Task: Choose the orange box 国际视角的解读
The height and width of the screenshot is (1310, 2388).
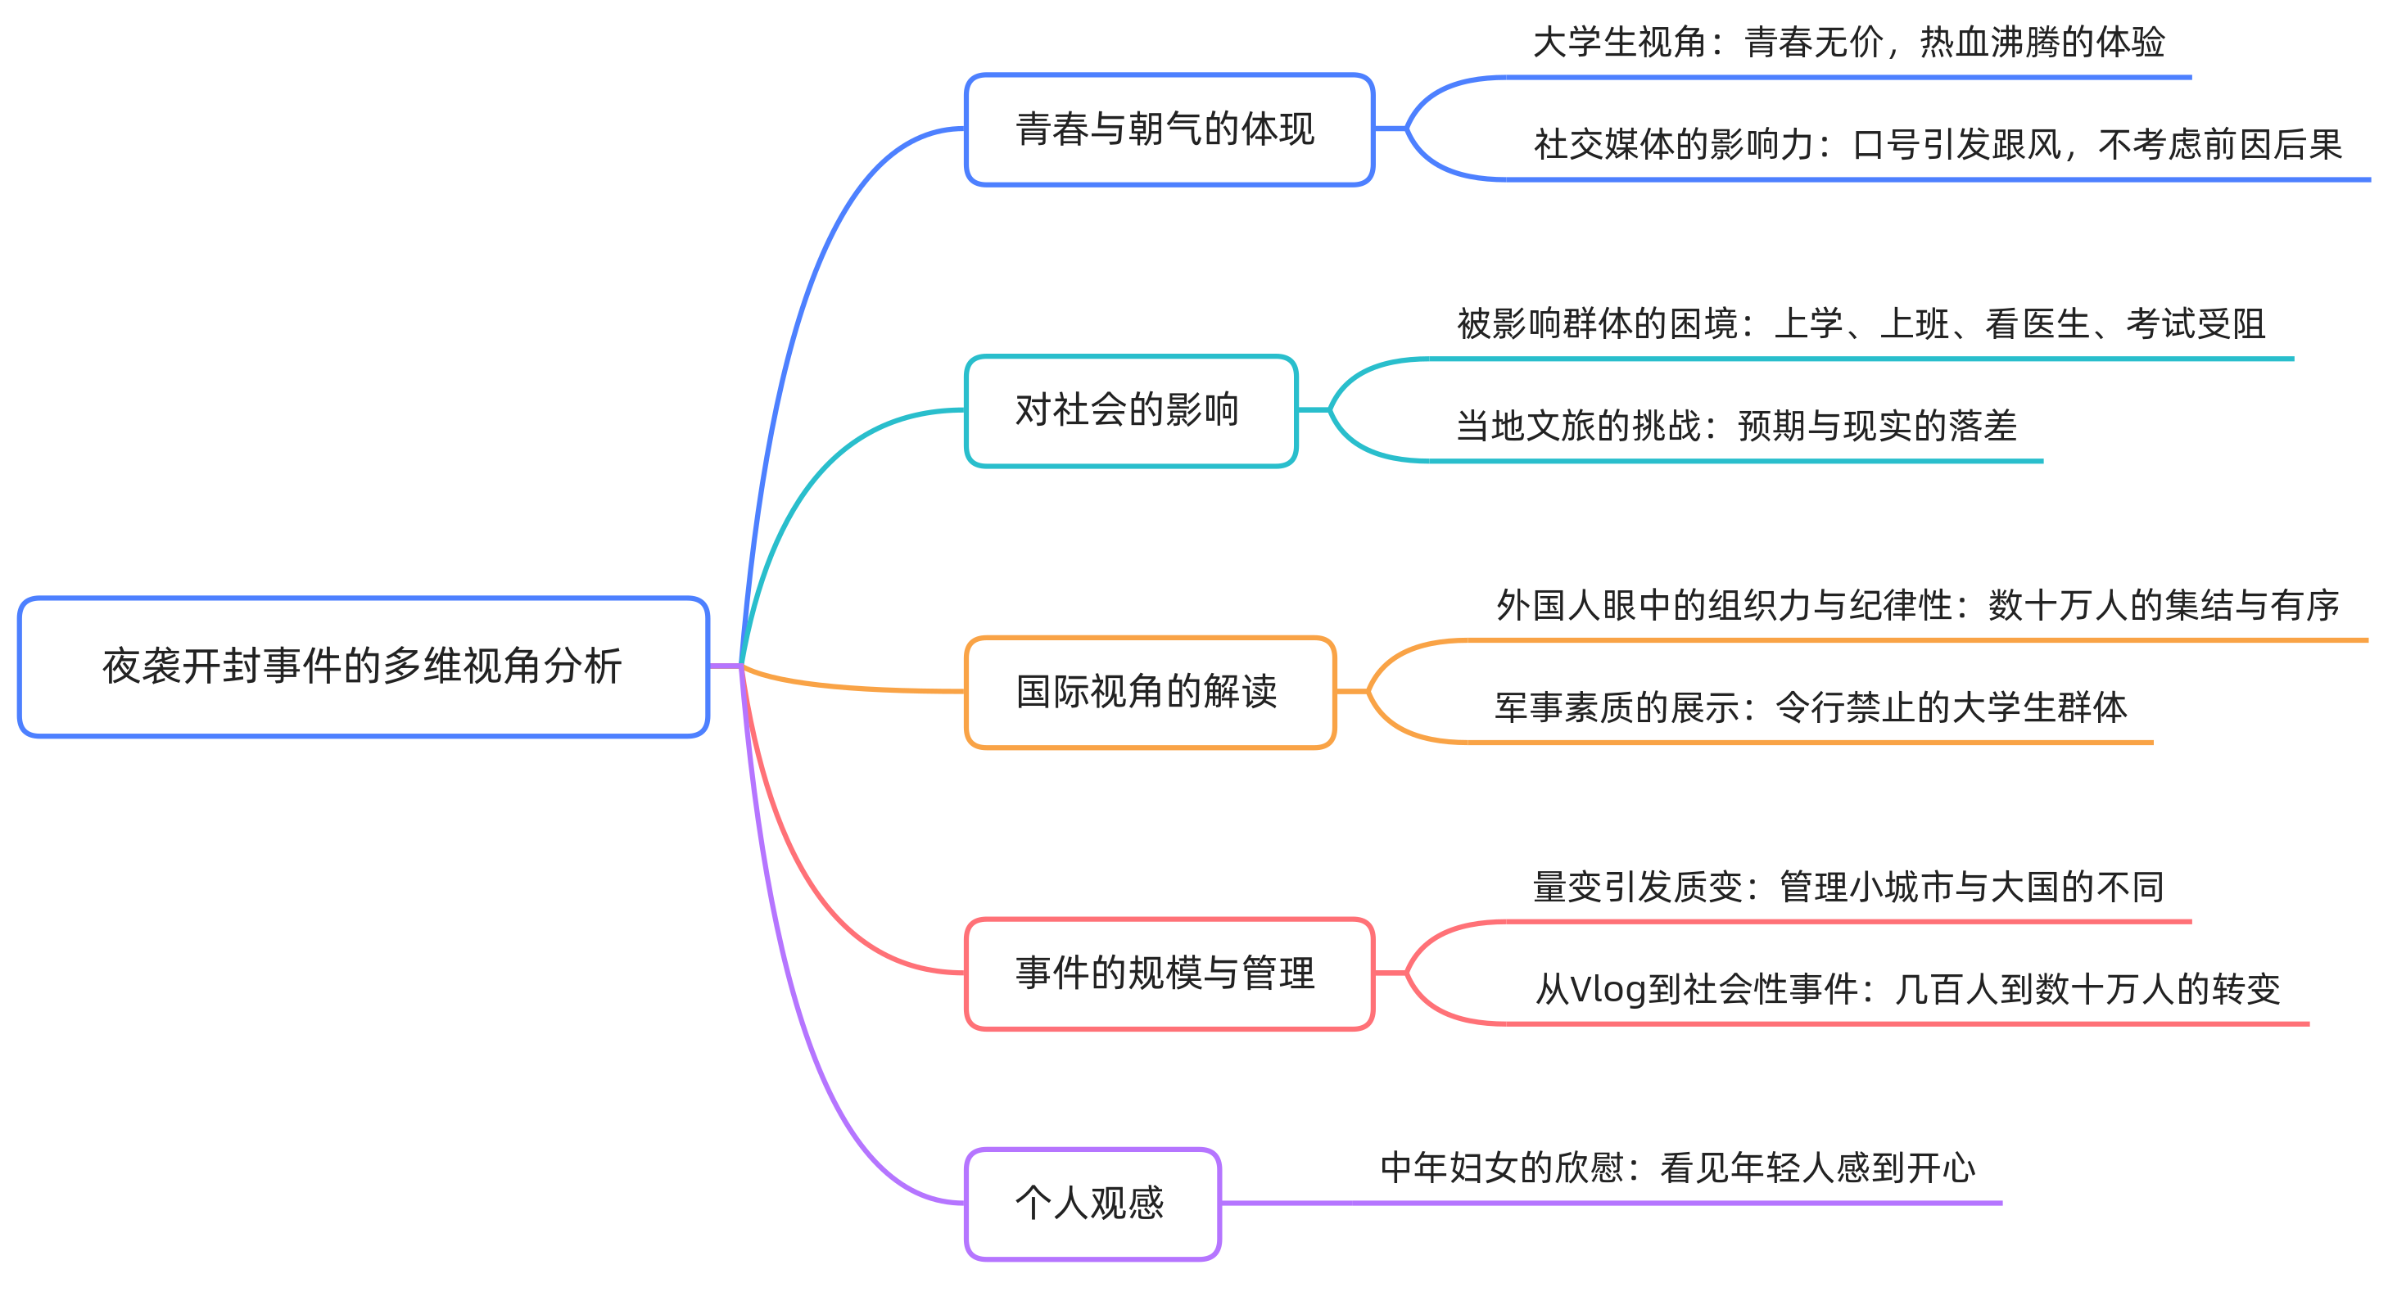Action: [1150, 693]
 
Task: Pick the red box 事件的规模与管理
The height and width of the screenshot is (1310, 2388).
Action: [1168, 973]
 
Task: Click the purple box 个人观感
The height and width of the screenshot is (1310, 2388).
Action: [1092, 1204]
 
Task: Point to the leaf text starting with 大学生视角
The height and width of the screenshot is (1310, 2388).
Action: [1848, 43]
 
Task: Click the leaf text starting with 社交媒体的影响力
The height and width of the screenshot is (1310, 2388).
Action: [1938, 145]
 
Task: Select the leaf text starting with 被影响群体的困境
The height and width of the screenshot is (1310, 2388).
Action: [1861, 324]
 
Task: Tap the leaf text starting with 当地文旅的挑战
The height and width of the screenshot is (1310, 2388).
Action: [1736, 427]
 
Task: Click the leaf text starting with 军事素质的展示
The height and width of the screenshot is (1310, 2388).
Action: [1811, 708]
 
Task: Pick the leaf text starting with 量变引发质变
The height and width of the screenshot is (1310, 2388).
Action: [1848, 888]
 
